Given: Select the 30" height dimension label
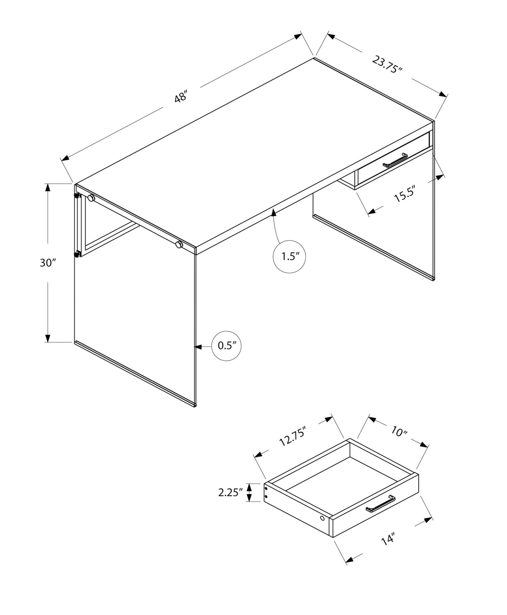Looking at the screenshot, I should pos(48,263).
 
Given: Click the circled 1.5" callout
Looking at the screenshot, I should pos(289,257).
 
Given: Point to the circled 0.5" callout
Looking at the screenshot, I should pos(227,346).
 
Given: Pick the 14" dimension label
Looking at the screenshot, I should pos(388,539).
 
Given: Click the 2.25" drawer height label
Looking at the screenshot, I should pos(230,492).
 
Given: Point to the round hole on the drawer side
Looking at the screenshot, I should pos(322,518).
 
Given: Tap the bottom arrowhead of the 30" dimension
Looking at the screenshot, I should pos(48,338).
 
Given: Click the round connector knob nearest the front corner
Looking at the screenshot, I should pos(179,245).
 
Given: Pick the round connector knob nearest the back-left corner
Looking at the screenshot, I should pos(91,198).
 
